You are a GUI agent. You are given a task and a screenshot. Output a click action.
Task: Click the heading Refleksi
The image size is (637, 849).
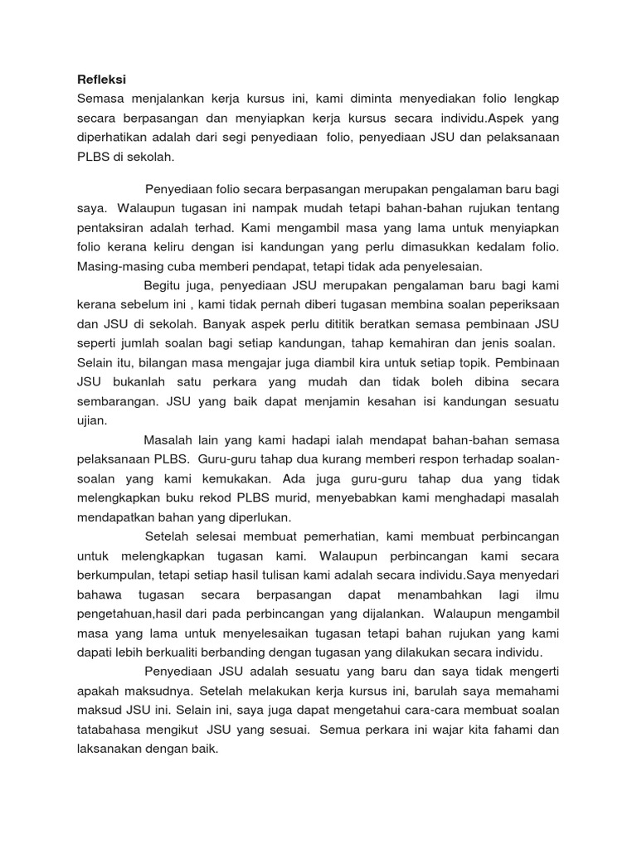point(101,80)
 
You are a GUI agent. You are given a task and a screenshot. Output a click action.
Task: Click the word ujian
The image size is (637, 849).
point(91,420)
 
